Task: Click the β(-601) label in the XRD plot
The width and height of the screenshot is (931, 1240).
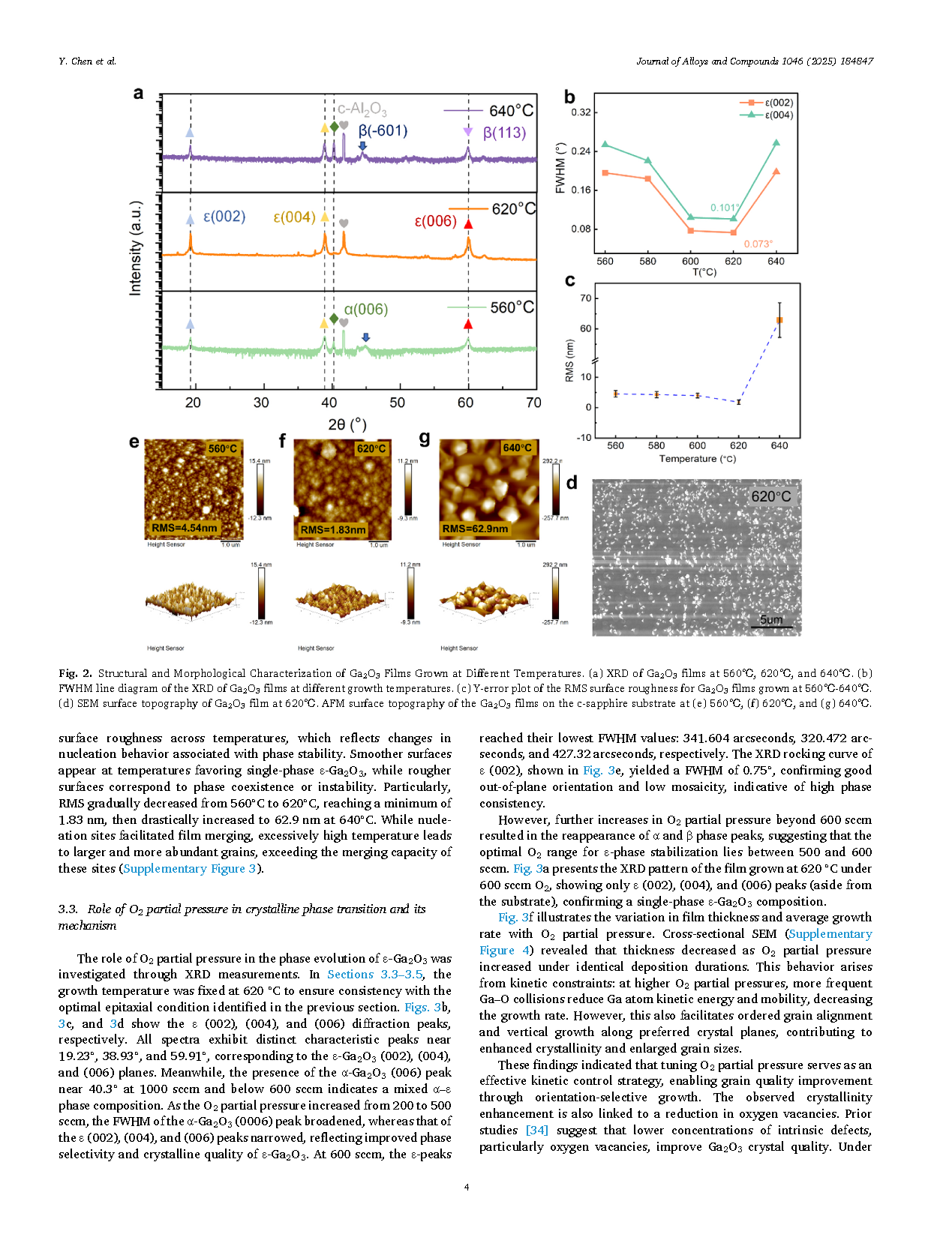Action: click(383, 131)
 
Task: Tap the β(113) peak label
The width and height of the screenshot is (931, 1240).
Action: click(504, 133)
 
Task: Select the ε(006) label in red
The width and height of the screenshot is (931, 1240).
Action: click(435, 221)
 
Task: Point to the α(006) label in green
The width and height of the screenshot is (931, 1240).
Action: click(365, 310)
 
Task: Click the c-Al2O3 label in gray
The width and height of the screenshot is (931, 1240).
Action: click(362, 109)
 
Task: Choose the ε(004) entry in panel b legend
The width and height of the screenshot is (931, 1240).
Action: click(778, 115)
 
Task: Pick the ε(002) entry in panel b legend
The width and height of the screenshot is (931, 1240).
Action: click(778, 103)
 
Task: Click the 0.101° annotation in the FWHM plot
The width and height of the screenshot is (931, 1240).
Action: click(725, 208)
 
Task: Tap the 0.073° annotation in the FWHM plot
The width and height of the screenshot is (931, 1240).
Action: click(758, 244)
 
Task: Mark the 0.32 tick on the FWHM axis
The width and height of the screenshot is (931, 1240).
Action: click(581, 112)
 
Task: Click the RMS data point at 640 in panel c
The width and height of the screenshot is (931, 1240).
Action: click(779, 321)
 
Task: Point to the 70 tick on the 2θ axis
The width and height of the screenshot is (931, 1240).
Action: click(533, 403)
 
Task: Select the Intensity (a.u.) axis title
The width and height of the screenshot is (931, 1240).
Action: click(135, 247)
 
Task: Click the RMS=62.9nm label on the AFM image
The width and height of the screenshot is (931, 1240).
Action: click(475, 529)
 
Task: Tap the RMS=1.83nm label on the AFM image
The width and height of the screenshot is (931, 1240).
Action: click(333, 530)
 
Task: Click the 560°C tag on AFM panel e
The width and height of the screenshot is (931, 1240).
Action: click(223, 448)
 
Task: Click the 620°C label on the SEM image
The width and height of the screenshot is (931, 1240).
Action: click(770, 496)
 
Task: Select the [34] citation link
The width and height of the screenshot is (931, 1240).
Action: click(536, 1130)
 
